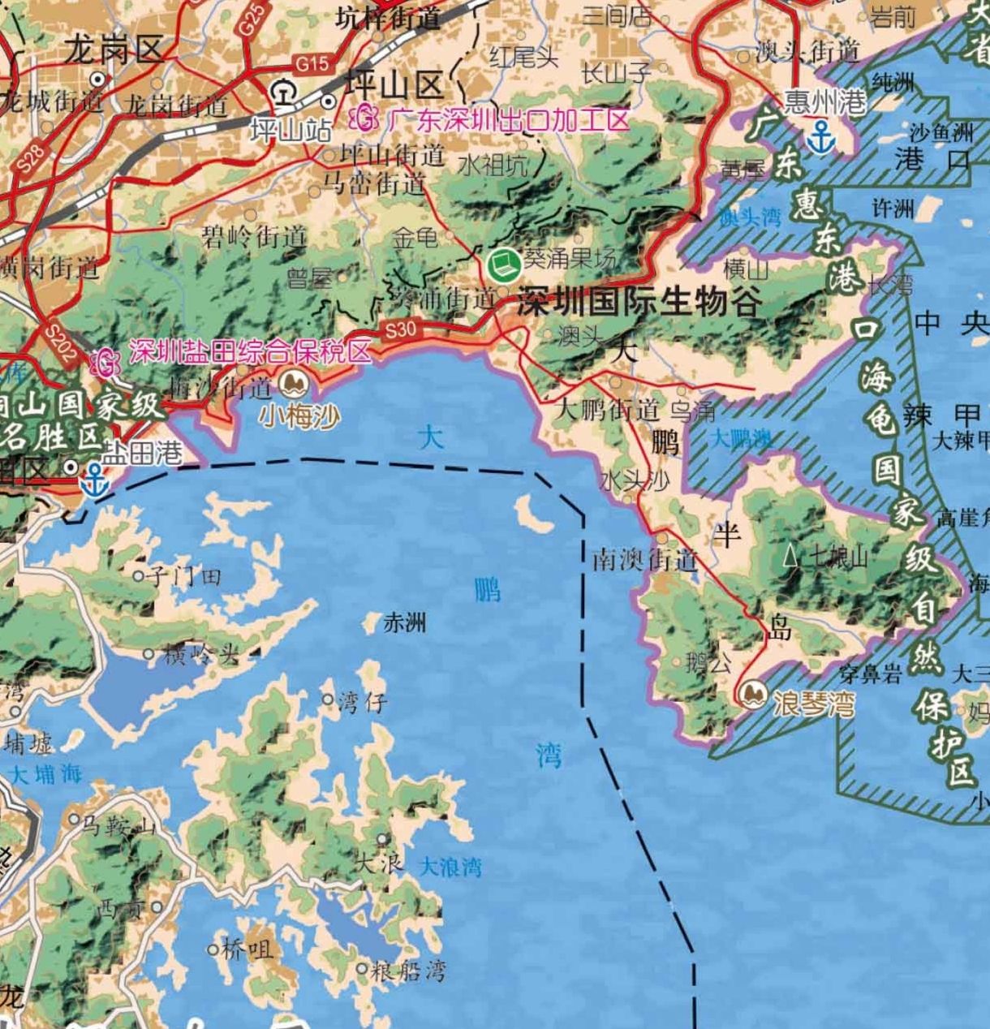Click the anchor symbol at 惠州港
pyautogui.click(x=823, y=137)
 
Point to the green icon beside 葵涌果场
pyautogui.click(x=504, y=261)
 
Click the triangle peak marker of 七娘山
pyautogui.click(x=790, y=556)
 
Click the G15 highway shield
pyautogui.click(x=313, y=63)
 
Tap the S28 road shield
pyautogui.click(x=26, y=157)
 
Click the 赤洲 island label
pyautogui.click(x=404, y=622)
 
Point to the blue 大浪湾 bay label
pyautogui.click(x=450, y=868)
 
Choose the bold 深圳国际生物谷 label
pyautogui.click(x=639, y=302)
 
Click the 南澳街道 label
pyautogui.click(x=645, y=560)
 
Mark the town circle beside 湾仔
pyautogui.click(x=328, y=699)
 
